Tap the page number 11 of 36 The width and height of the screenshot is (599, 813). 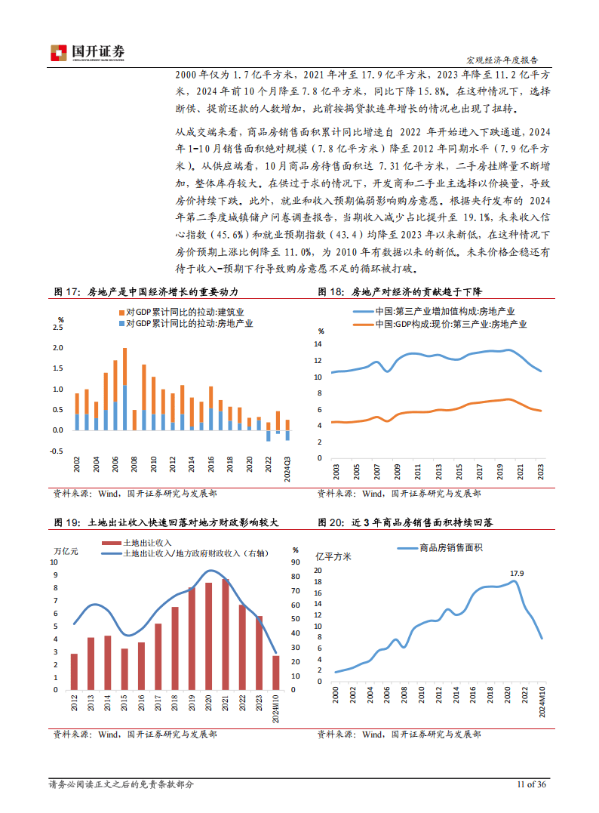tap(531, 784)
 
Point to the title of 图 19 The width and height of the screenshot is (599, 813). tap(166, 522)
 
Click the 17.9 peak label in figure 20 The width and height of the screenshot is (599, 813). tap(517, 574)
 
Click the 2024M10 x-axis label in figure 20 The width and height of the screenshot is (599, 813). tap(542, 709)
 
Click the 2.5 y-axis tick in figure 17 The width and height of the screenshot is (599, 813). tap(58, 327)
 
